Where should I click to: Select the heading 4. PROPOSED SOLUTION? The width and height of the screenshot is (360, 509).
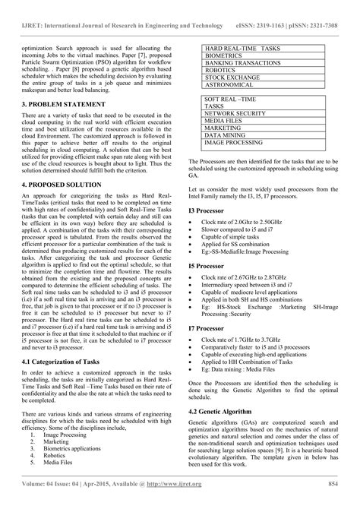(53, 185)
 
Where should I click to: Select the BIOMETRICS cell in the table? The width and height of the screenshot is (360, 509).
(225, 55)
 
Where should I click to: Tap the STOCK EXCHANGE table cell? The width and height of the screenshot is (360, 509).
(232, 77)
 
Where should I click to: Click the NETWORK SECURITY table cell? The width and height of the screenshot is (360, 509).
(235, 114)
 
